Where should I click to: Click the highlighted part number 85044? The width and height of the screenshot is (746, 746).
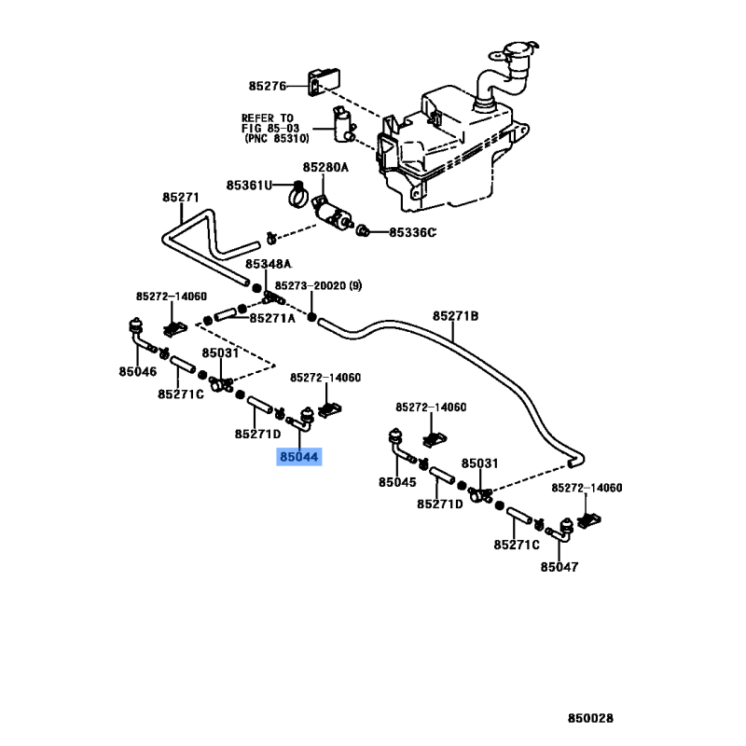click(298, 457)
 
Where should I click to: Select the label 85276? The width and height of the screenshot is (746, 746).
click(268, 86)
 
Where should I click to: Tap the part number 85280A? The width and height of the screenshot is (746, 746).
click(325, 168)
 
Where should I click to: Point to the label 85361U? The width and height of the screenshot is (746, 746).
click(249, 185)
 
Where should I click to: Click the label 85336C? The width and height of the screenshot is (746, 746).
click(412, 232)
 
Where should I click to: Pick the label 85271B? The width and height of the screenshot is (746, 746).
click(455, 316)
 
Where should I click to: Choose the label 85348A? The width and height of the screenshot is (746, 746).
click(269, 264)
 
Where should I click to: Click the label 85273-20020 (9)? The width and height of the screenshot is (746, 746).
click(318, 285)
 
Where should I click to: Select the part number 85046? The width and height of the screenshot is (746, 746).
click(137, 371)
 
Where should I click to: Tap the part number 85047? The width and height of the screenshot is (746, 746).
click(559, 567)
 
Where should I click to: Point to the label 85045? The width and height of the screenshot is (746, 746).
click(397, 482)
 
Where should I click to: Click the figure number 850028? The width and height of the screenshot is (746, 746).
click(590, 718)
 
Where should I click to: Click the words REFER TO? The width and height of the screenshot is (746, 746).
click(268, 118)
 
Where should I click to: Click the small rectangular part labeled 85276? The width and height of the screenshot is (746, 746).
click(324, 82)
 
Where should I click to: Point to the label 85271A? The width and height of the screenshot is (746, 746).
click(272, 318)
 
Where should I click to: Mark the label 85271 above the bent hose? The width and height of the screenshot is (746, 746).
click(181, 198)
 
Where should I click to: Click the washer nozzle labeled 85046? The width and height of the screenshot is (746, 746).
click(139, 335)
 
